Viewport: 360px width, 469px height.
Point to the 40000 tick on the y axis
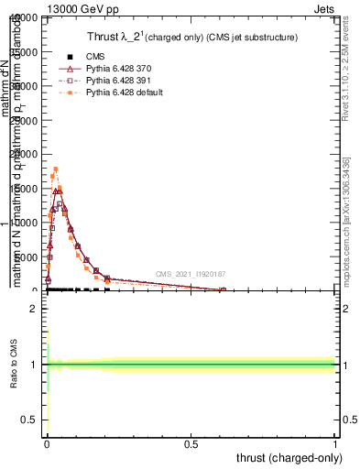click(24, 18)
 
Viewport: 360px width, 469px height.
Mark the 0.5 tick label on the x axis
click(191, 444)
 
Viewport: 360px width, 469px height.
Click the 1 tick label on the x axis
click(335, 444)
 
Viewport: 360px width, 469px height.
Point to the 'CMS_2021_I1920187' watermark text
click(190, 274)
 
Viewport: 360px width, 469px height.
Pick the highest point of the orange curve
click(56, 169)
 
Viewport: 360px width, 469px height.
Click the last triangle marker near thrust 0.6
click(223, 289)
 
